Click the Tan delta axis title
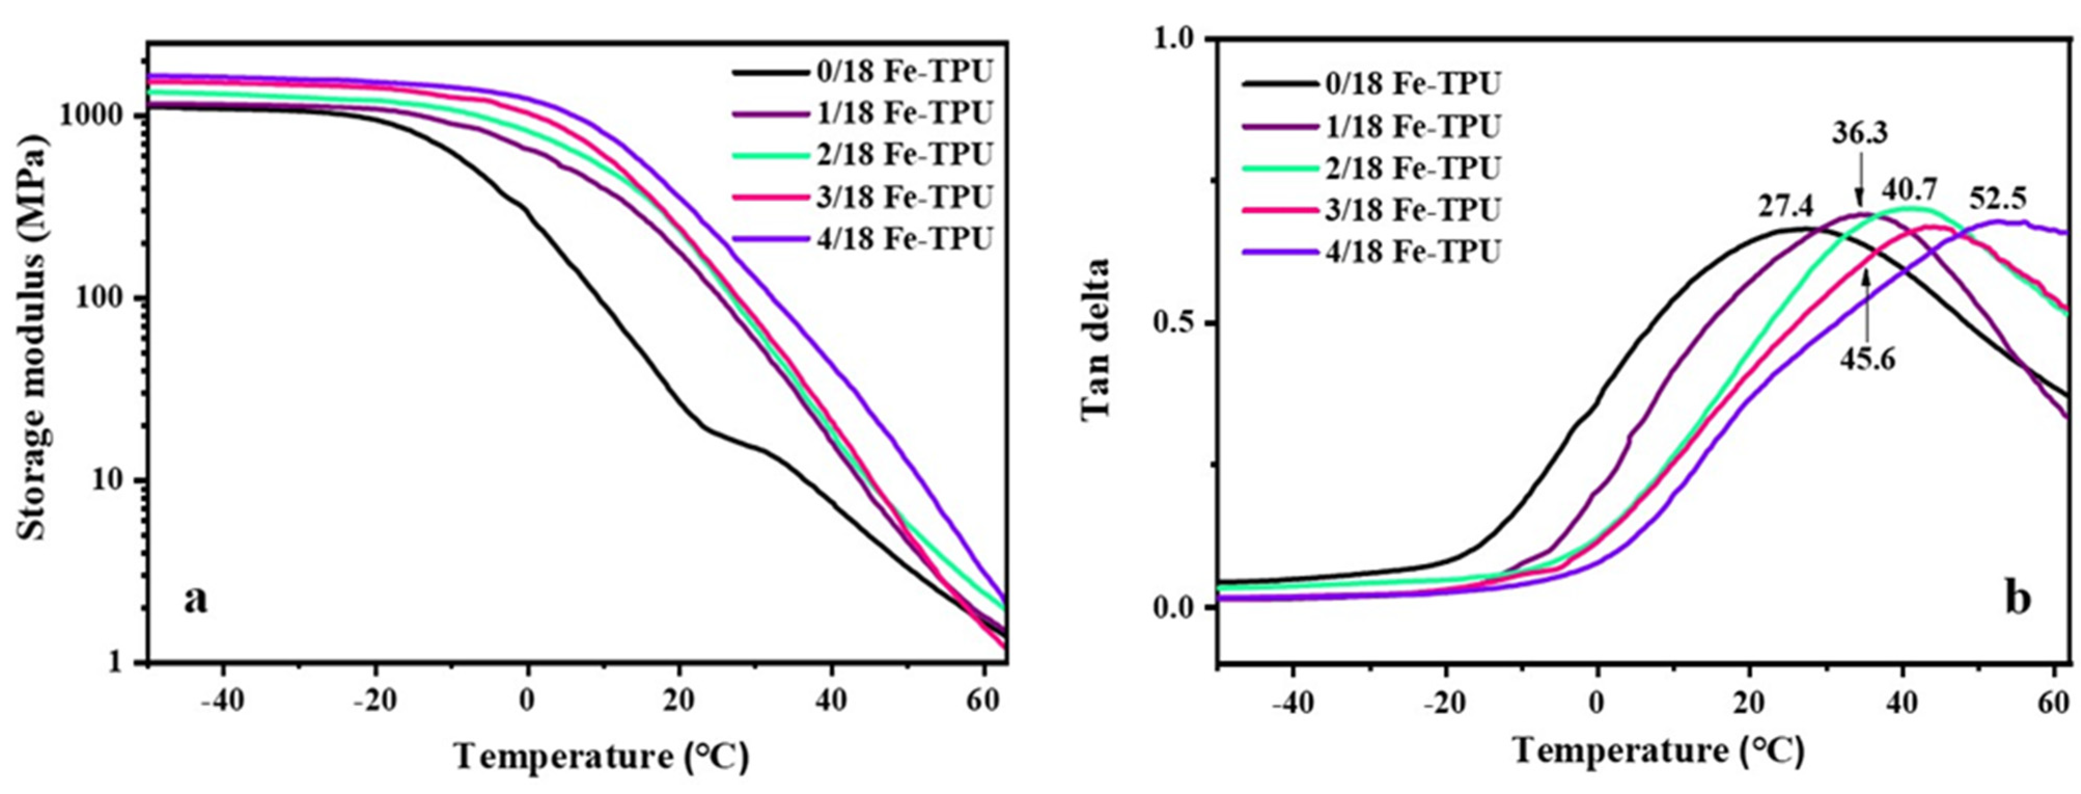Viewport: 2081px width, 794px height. pyautogui.click(x=1096, y=349)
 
